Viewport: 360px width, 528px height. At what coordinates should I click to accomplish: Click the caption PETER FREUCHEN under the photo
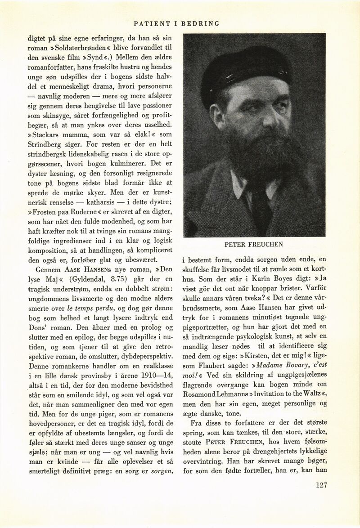coord(254,246)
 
